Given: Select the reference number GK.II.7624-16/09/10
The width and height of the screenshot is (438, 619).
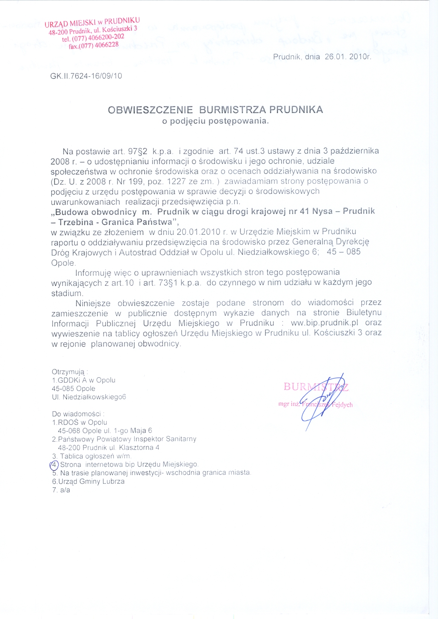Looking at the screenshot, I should click(x=86, y=76).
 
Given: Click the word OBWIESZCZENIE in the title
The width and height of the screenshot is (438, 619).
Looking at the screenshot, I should click(x=150, y=110).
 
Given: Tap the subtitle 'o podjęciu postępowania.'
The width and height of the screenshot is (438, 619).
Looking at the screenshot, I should click(x=215, y=121).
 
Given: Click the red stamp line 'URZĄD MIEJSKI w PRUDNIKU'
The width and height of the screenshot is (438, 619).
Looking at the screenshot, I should click(x=92, y=22).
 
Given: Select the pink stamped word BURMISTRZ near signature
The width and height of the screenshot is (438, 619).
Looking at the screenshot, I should click(x=316, y=387).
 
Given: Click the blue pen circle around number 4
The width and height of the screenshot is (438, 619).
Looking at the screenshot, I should click(x=54, y=464).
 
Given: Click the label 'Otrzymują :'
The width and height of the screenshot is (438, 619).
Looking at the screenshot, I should click(x=70, y=372).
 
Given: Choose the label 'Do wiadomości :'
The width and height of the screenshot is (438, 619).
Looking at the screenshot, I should click(x=78, y=414).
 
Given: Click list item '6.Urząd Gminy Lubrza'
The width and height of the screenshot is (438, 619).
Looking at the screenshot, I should click(x=88, y=481).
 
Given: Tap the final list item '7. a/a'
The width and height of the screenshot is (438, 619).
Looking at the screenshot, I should click(x=61, y=490).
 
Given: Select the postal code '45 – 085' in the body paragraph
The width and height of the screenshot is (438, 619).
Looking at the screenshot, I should click(x=343, y=252).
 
